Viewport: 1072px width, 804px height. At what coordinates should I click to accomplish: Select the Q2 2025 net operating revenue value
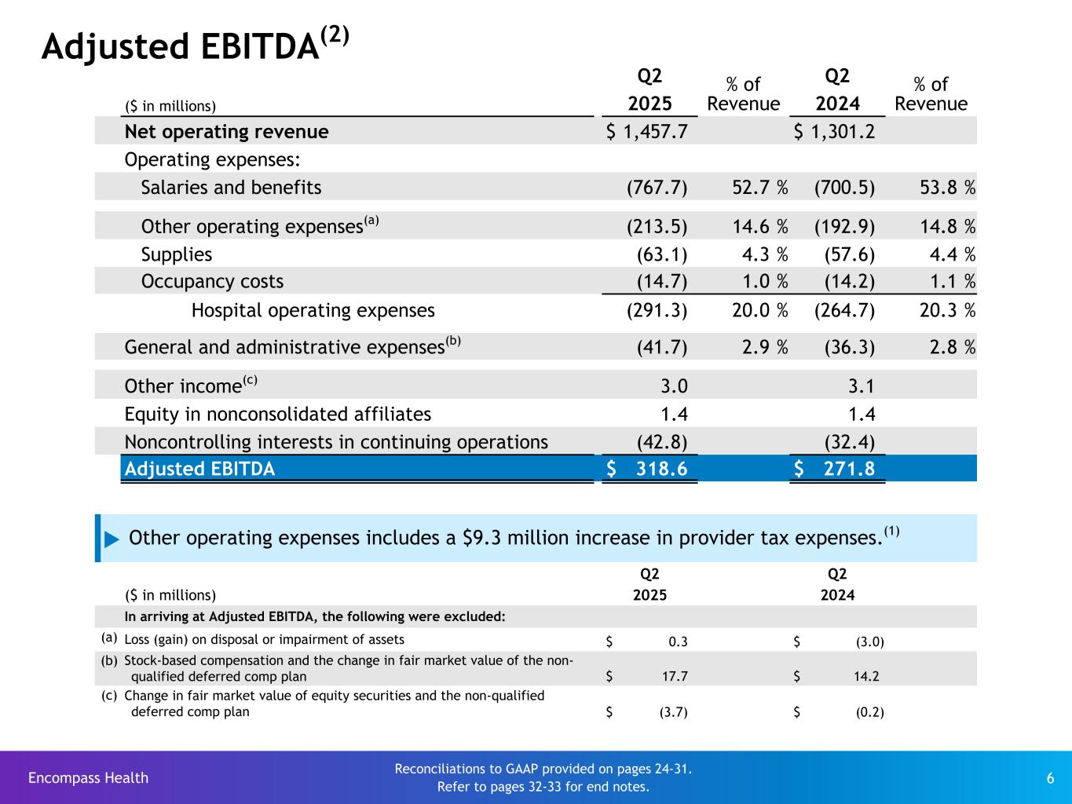coord(648,132)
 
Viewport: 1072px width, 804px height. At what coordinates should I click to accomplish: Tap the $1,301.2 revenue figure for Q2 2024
coord(835,132)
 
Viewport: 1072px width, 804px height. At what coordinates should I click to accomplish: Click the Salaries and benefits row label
coord(231,188)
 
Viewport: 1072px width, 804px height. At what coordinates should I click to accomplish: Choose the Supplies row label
coord(177,254)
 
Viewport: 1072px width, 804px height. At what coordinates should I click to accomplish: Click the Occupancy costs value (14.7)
coord(662,282)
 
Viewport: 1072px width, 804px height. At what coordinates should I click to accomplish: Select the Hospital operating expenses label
coord(313,311)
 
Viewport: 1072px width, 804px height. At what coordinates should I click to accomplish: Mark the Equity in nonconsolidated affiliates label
coord(277,415)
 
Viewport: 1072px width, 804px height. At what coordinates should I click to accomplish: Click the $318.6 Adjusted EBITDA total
coord(648,470)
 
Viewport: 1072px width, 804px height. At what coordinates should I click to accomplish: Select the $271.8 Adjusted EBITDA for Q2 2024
coord(835,470)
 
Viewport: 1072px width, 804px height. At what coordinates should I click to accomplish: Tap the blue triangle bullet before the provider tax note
coord(112,539)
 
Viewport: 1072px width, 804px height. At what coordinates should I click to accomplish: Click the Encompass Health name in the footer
coord(88,778)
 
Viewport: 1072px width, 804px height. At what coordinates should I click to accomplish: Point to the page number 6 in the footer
coord(1050,778)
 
